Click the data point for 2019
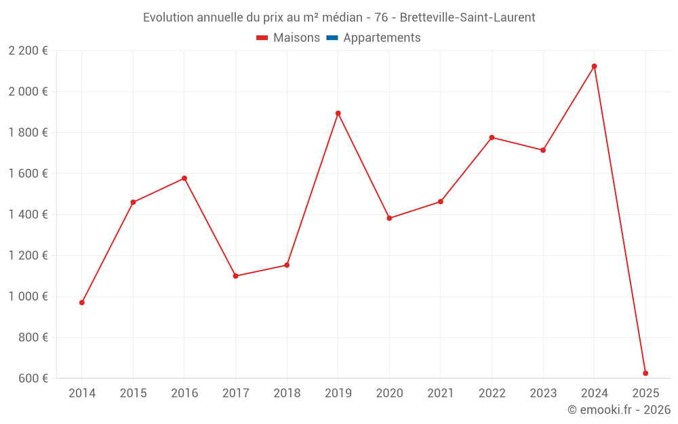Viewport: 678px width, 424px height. tap(338, 113)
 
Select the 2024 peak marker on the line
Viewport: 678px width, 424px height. tap(594, 66)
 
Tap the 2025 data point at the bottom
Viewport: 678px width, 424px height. tap(645, 373)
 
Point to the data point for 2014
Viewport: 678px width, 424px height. tap(82, 303)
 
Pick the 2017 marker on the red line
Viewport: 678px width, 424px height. tap(235, 276)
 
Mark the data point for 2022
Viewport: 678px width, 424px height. tap(492, 138)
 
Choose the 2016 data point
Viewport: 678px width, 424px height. tap(184, 178)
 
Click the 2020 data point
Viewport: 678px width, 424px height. tap(389, 218)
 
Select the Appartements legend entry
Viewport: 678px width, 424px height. tap(382, 38)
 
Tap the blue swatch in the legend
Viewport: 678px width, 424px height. tap(332, 38)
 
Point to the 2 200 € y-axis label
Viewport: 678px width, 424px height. tap(28, 51)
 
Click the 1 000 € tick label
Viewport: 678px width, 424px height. tap(28, 296)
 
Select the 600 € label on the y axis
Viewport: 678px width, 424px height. tap(33, 379)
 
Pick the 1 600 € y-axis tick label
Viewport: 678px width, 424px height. tap(28, 174)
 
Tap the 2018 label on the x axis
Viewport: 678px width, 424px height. tap(287, 393)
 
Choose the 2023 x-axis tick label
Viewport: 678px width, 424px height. tap(543, 393)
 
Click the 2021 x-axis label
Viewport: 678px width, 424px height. tap(441, 393)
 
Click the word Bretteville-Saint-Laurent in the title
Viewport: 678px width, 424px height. tap(467, 18)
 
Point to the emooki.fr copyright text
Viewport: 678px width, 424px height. tap(618, 410)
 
